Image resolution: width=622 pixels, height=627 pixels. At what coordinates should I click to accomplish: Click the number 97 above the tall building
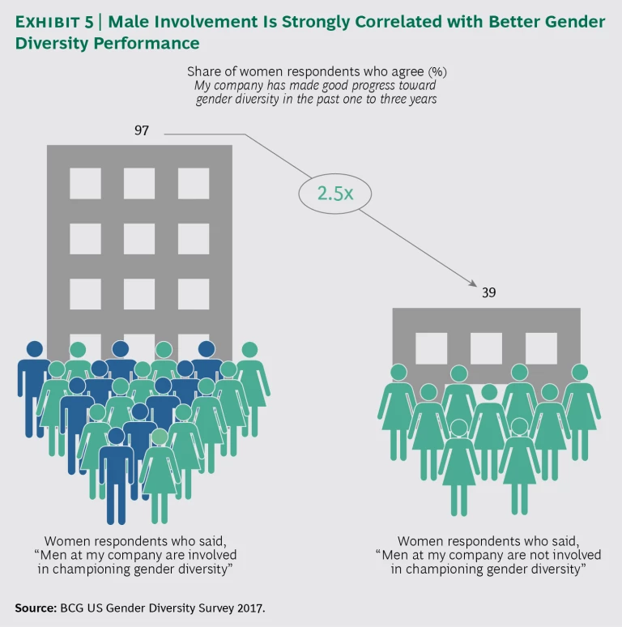(142, 130)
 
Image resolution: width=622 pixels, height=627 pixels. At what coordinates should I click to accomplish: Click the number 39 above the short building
(488, 292)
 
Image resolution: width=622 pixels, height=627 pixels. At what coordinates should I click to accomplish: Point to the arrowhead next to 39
(471, 282)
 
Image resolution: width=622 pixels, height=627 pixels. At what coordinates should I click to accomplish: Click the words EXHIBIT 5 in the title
(59, 23)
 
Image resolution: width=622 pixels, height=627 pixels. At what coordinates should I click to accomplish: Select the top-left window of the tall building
(85, 183)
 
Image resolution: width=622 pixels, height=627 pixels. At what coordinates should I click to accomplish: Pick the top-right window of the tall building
(194, 183)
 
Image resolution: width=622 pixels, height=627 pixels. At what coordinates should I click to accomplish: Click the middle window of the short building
(486, 348)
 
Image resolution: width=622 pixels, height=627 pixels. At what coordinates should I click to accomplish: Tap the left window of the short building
(431, 348)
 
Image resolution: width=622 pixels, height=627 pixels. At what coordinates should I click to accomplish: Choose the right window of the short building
(541, 348)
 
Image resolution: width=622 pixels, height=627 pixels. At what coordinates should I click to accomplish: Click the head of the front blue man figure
(116, 436)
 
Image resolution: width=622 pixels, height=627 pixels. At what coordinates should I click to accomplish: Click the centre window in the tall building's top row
(139, 183)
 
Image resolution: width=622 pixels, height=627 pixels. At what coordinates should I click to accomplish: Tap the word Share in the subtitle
(203, 71)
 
